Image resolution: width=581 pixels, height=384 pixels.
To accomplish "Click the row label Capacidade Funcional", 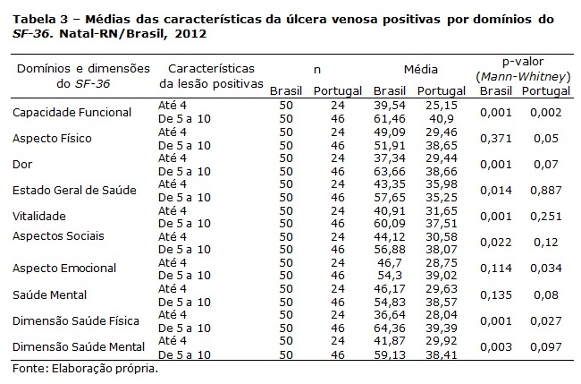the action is (72, 113).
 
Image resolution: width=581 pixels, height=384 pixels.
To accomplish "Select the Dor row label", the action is (22, 164).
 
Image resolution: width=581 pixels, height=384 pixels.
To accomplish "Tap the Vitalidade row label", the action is (39, 216).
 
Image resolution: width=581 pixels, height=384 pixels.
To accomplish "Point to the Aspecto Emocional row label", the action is (64, 268).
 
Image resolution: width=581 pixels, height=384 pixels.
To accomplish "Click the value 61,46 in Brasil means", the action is (390, 119).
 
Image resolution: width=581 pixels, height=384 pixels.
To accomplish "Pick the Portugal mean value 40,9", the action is (442, 119).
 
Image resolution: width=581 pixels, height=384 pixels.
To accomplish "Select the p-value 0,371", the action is (496, 139).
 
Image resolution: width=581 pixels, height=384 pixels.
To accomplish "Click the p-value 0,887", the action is (546, 191).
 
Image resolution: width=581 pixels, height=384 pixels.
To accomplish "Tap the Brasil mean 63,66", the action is (390, 171).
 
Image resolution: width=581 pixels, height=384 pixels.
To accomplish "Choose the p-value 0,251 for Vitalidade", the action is (546, 217).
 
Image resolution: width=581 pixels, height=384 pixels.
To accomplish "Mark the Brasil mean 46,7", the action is (390, 262).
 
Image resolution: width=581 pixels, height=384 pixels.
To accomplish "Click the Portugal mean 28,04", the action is (442, 314).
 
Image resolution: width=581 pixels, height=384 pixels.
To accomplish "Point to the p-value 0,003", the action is (496, 347).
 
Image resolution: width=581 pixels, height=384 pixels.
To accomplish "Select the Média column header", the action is (421, 69).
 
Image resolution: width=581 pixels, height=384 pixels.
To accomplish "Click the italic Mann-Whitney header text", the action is (523, 77).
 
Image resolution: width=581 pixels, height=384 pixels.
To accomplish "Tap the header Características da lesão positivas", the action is (211, 76).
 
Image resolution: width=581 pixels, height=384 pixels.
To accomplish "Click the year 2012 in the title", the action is (190, 34).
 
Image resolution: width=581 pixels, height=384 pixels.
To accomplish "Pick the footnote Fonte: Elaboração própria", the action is (85, 369).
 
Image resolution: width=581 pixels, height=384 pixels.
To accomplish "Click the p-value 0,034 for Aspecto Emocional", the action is (546, 269).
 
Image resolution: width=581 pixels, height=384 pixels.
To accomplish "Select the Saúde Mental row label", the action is (49, 295).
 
